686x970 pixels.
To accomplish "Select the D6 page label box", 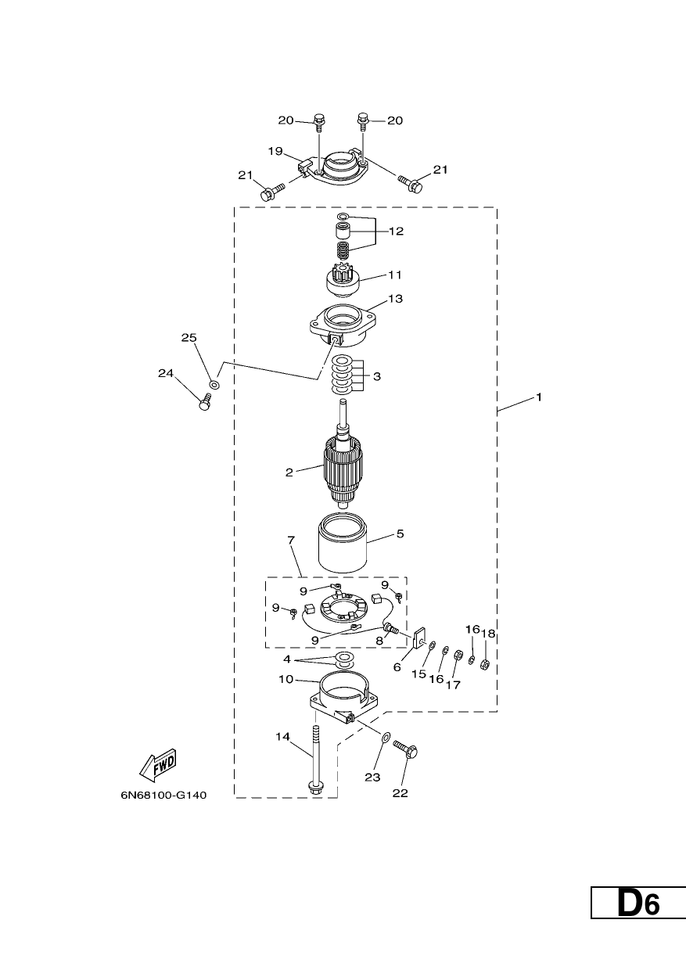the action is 638,936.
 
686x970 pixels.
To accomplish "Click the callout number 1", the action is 539,397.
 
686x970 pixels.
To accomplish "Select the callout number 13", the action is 395,299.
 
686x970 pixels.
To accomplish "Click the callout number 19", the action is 275,151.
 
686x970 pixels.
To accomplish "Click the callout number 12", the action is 396,232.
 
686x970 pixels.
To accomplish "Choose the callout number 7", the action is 291,540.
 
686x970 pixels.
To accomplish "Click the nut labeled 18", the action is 486,663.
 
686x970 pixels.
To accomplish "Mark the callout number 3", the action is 377,376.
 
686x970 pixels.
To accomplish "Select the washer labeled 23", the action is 386,735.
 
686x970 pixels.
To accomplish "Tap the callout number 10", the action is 286,680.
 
